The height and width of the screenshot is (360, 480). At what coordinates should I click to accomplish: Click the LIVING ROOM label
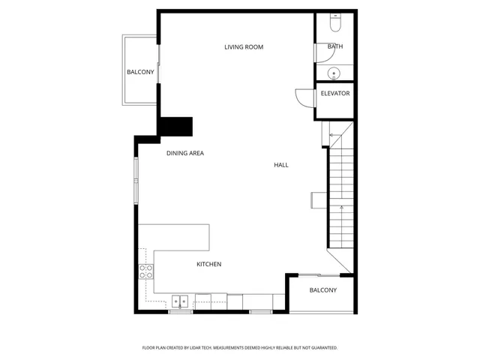[244, 47]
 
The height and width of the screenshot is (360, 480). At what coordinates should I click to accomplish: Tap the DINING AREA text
[185, 153]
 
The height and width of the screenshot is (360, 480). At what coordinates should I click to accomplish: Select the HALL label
[280, 165]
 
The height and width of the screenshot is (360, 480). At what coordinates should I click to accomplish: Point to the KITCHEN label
[208, 264]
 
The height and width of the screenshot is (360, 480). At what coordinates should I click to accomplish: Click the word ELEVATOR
[334, 94]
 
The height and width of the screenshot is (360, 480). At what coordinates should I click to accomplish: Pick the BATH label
[335, 46]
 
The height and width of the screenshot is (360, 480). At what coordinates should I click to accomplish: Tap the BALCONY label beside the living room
[140, 72]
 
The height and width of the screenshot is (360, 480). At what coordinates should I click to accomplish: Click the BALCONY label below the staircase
[323, 290]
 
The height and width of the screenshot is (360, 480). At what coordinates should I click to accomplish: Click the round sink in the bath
[334, 73]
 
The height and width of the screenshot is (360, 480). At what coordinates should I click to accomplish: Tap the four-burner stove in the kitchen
[146, 271]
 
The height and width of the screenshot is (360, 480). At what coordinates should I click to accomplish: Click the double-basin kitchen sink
[180, 301]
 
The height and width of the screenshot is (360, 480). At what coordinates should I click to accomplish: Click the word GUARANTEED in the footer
[322, 348]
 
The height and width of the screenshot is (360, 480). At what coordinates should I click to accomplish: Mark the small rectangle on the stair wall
[319, 198]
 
